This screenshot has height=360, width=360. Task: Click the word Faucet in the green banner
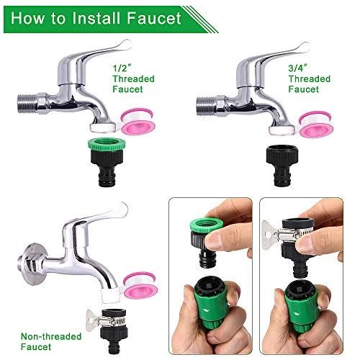154,18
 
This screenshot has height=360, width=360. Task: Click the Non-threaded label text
51,336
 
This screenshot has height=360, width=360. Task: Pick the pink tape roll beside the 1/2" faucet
138,122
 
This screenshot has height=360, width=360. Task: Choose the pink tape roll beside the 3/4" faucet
316,125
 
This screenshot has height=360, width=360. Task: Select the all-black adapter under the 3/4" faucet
282,166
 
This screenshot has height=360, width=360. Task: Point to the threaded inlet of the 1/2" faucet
27,104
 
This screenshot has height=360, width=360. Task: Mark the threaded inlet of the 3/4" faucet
206,106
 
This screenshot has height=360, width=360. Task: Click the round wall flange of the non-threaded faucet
33,264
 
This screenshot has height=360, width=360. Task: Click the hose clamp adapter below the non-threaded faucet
107,331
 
